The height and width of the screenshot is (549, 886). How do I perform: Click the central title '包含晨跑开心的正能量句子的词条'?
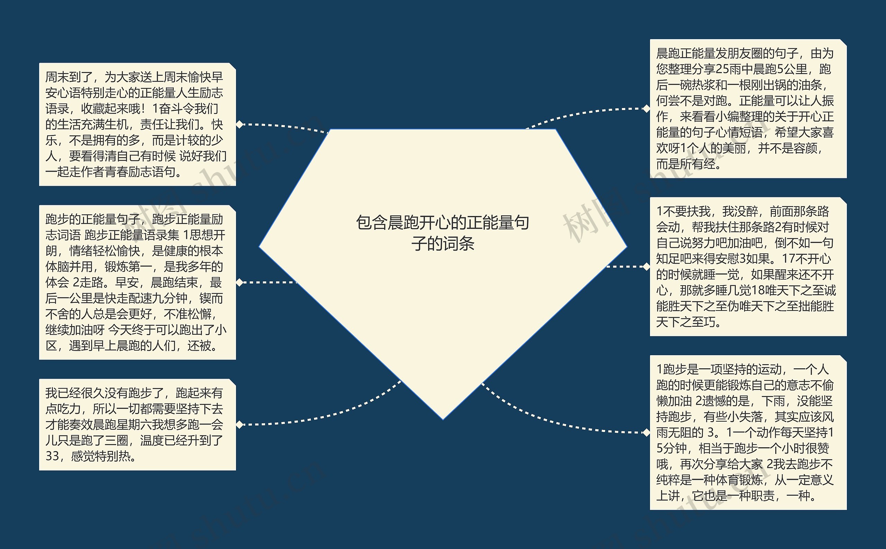pos(442,233)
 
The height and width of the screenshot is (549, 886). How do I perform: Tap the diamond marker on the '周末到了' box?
pos(239,124)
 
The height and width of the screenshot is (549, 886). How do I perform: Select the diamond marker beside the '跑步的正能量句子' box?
pos(239,282)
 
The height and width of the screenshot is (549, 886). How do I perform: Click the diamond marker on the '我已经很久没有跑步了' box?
pos(239,424)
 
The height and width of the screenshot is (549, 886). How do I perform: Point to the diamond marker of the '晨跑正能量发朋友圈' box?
pos(646,109)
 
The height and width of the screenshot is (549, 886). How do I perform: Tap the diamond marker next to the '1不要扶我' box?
pos(646,267)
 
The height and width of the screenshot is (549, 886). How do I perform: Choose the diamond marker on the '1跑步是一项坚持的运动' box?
pos(646,432)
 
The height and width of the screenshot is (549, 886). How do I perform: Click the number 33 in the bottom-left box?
pos(52,456)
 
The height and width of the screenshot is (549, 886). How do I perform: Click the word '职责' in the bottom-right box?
pos(762,496)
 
